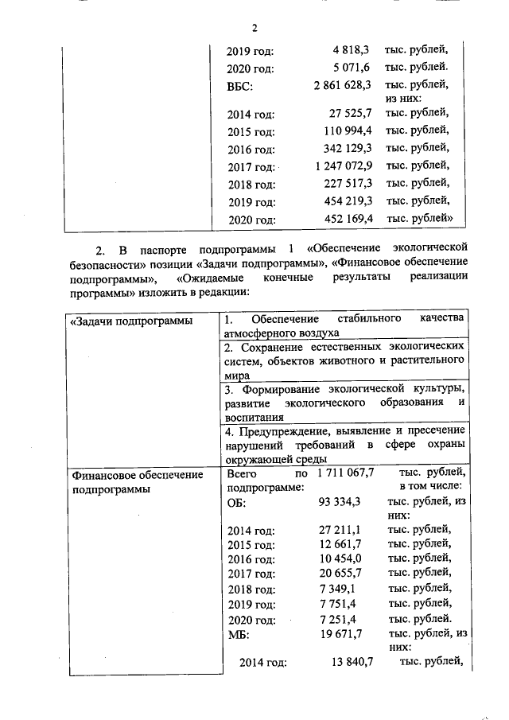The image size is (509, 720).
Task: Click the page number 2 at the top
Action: point(254,29)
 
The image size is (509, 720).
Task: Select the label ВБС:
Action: point(240,84)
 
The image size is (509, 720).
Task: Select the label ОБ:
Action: point(237,503)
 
